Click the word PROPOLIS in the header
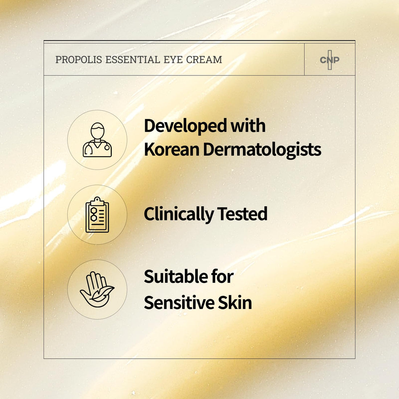(79, 59)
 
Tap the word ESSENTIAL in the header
(132, 59)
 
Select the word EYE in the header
(173, 59)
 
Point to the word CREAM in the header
(204, 59)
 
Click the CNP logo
(329, 60)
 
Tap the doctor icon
(97, 140)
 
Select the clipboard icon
(97, 214)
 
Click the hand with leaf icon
(97, 289)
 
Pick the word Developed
(185, 126)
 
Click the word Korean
(172, 149)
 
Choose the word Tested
(242, 214)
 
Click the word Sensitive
(179, 303)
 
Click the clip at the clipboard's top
(97, 201)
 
